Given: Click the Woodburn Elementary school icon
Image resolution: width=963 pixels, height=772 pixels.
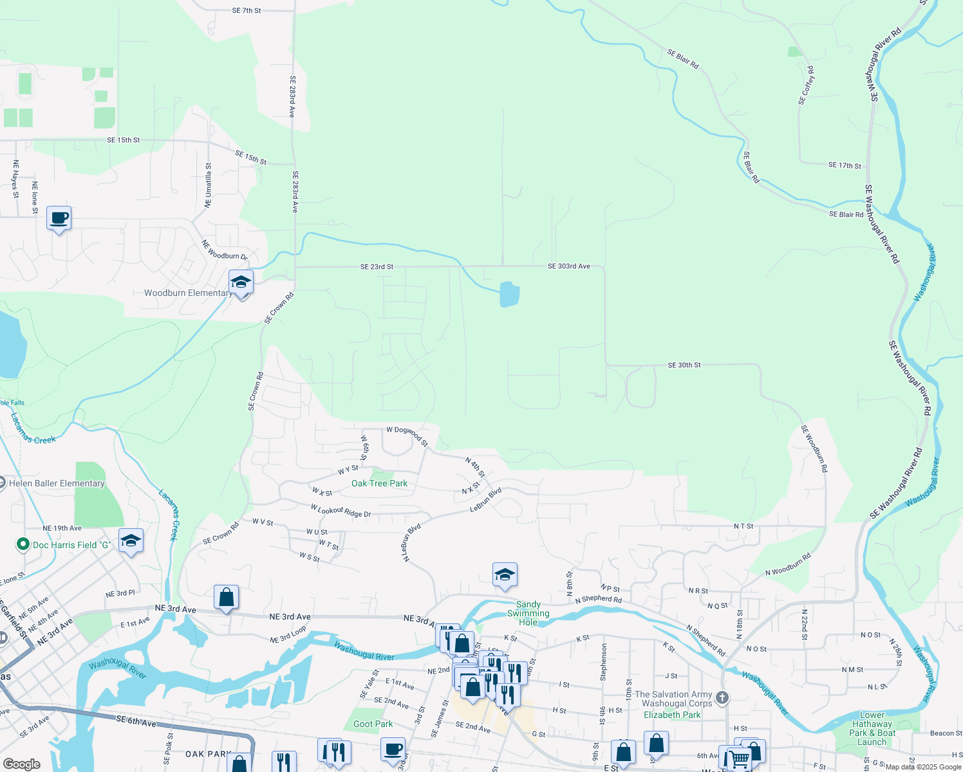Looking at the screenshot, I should coord(241,282).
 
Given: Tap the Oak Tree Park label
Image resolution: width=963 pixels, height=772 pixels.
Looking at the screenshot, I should coord(379,483).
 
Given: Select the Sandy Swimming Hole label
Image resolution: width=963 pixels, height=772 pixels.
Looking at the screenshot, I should coord(528,613).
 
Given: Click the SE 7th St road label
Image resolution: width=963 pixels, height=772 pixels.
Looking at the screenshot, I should coord(247,10).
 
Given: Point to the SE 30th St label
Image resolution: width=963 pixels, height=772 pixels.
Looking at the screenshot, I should coord(684,365).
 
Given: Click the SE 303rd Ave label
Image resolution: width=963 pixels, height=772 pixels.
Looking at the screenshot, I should coord(568,266).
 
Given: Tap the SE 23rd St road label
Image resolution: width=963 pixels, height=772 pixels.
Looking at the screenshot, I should coord(377,267).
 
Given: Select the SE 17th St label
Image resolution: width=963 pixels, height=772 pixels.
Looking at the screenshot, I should coord(844,166).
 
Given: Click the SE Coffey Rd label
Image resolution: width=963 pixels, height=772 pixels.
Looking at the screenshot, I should coord(806,86).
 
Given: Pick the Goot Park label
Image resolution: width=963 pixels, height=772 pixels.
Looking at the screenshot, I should coord(373,724).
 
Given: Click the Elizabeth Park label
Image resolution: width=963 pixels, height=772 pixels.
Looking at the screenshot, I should coord(672,715).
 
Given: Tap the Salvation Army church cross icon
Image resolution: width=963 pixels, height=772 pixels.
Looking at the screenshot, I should coord(722,697).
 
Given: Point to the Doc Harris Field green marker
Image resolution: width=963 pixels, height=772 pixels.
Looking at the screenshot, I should coord(23,545).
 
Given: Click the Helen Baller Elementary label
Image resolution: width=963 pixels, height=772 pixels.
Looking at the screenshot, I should coord(57,483).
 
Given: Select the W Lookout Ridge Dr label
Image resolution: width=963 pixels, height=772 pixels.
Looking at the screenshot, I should coord(341,511).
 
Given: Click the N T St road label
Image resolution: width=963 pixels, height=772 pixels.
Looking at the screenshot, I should coord(743,526).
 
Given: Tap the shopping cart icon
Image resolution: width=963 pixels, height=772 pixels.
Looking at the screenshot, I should coord(738,758).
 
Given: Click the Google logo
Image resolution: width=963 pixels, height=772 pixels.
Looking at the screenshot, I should coord(21,764).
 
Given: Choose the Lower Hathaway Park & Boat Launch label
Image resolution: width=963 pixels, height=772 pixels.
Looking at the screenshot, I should coord(872,728).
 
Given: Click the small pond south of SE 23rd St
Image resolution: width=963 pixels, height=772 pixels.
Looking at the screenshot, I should coord(509,295).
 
